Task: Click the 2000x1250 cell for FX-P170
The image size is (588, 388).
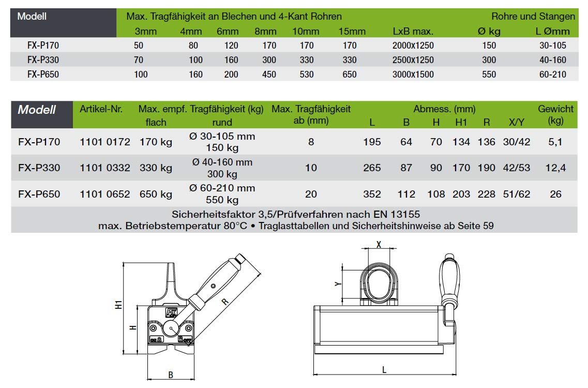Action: pyautogui.click(x=413, y=46)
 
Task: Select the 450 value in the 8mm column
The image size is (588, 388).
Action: pyautogui.click(x=269, y=74)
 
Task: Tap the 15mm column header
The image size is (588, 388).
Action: pyautogui.click(x=352, y=32)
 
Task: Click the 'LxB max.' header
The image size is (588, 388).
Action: pyautogui.click(x=413, y=32)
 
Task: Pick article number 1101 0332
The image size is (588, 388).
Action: pyautogui.click(x=105, y=168)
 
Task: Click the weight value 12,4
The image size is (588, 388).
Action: pyautogui.click(x=555, y=168)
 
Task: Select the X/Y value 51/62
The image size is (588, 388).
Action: pyautogui.click(x=517, y=195)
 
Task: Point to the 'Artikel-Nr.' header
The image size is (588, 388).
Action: pyautogui.click(x=101, y=109)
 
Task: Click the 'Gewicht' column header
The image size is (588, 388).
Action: pyautogui.click(x=555, y=109)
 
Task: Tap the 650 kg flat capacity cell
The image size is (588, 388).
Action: pyautogui.click(x=156, y=195)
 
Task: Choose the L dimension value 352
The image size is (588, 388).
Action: pyautogui.click(x=372, y=195)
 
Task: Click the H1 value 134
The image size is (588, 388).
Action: pyautogui.click(x=461, y=142)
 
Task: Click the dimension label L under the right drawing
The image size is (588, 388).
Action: pyautogui.click(x=384, y=369)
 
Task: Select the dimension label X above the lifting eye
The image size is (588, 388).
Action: pyautogui.click(x=379, y=245)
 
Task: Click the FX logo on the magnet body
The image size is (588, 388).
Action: pyautogui.click(x=171, y=312)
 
